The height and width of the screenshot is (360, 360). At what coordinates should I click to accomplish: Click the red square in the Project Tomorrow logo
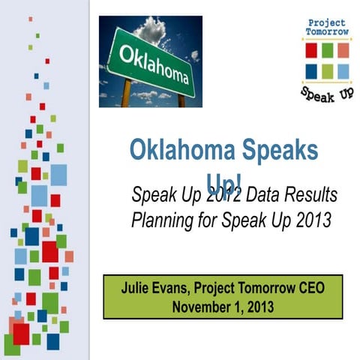click(x=311, y=51)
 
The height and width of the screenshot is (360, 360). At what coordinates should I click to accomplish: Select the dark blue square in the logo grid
click(x=311, y=71)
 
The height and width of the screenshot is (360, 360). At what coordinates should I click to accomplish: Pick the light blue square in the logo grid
click(x=343, y=71)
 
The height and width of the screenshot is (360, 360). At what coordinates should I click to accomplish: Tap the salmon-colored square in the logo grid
click(x=343, y=51)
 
